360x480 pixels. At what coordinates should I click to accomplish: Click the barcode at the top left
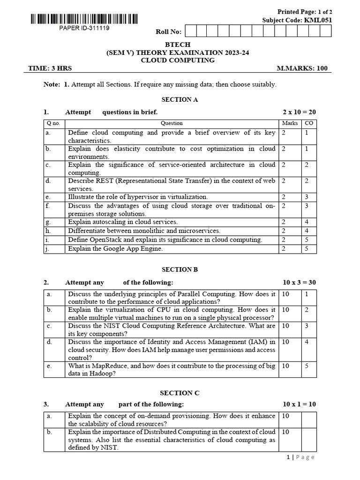[x=84, y=19]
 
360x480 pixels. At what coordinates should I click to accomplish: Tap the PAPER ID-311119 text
[x=84, y=28]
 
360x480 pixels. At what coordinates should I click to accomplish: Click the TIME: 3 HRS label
[x=50, y=68]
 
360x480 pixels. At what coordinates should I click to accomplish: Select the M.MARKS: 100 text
[x=302, y=68]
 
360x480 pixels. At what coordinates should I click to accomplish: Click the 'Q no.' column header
[x=53, y=123]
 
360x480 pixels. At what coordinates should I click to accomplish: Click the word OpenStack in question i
[x=106, y=240]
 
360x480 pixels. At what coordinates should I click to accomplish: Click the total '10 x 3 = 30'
[x=299, y=282]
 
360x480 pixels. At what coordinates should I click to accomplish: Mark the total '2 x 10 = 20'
[x=299, y=112]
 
